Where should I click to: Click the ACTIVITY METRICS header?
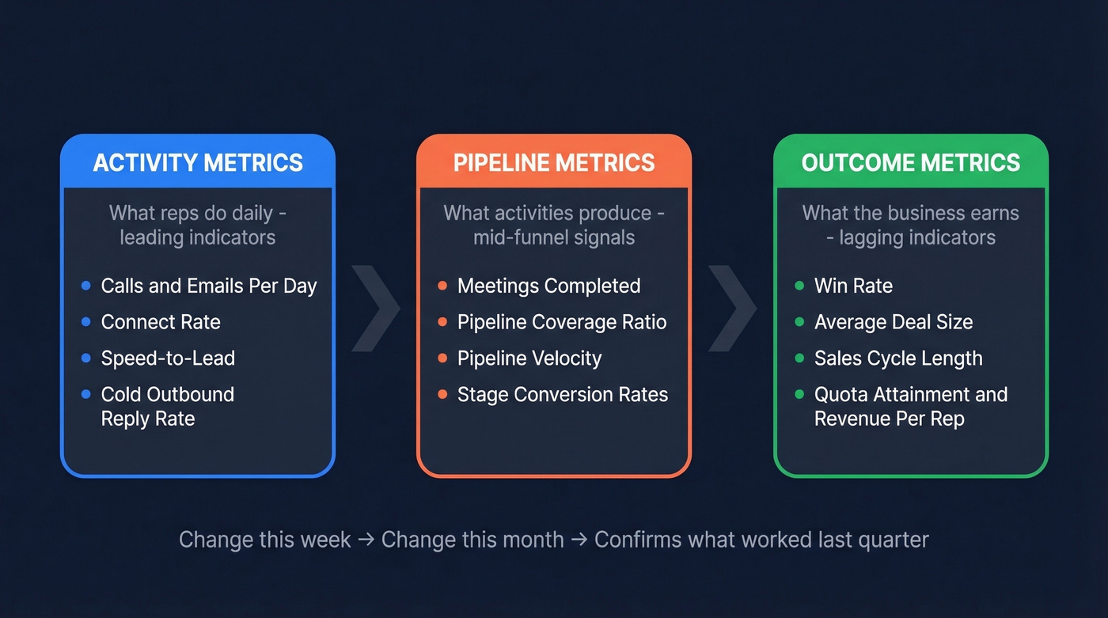[198, 163]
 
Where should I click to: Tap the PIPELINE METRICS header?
[554, 163]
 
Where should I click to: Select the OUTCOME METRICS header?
[911, 163]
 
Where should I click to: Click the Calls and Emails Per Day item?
[209, 286]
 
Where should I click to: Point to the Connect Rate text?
[161, 322]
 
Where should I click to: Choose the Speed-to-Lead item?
[168, 358]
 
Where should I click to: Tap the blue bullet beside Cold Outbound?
[86, 394]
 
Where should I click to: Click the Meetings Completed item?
[548, 286]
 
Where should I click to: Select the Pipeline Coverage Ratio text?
[562, 322]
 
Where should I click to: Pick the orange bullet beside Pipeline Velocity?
[442, 358]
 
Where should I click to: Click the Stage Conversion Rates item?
[563, 395]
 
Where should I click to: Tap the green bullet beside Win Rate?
[799, 286]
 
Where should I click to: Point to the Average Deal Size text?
[894, 322]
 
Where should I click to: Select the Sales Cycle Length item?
[898, 358]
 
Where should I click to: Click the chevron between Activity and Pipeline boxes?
[374, 309]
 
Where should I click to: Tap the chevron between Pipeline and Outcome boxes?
[731, 309]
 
